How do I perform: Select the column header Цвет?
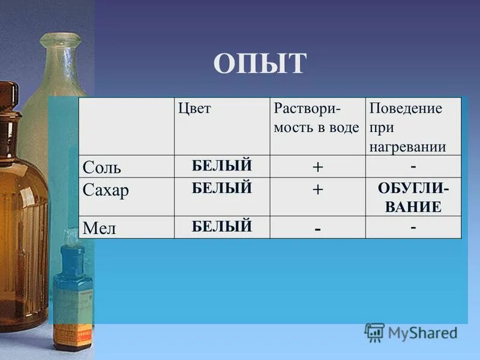tap(194, 109)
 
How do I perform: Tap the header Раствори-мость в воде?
tap(316, 118)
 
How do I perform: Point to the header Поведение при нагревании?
tap(407, 127)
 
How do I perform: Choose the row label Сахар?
tap(106, 191)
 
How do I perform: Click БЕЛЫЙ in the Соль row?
tap(222, 166)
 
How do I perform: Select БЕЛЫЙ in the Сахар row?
tap(222, 188)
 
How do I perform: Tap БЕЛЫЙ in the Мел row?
tap(222, 226)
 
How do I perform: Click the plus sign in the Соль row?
tap(317, 167)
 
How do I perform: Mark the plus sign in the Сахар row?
tap(317, 190)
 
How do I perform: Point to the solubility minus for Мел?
tap(317, 229)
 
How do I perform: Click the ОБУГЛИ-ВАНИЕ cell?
tap(413, 197)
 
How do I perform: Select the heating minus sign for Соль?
tap(413, 165)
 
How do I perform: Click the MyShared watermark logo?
tap(411, 332)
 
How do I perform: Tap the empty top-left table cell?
tap(126, 126)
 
